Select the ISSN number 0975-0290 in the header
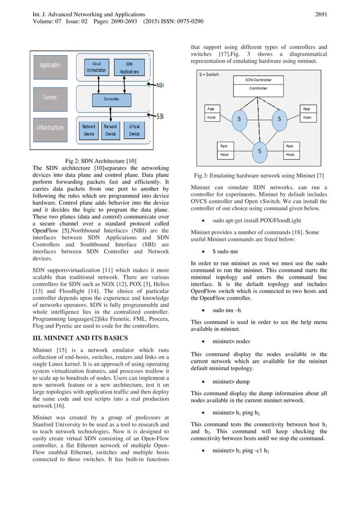184,21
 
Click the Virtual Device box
134,131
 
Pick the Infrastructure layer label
50,128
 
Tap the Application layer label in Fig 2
50,65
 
